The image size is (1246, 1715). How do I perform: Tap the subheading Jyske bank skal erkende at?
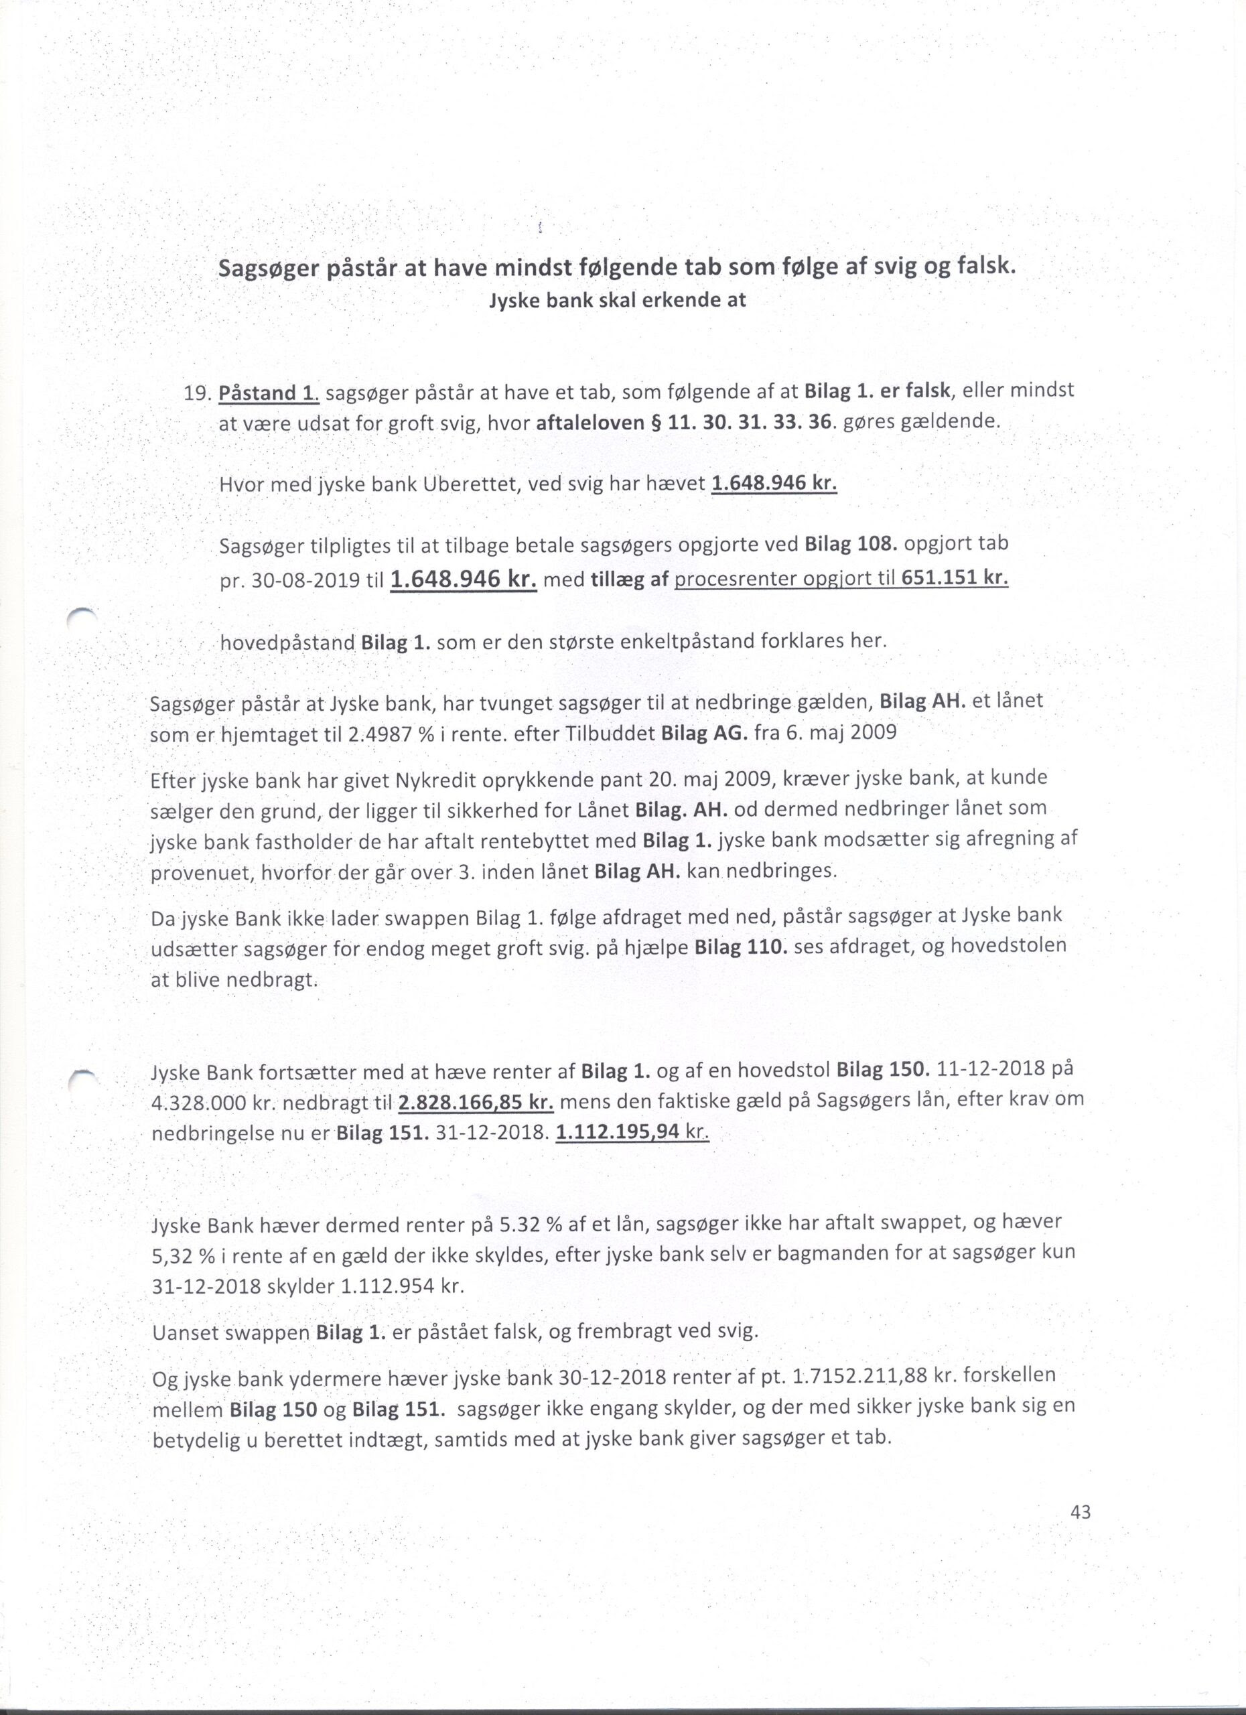618,300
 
